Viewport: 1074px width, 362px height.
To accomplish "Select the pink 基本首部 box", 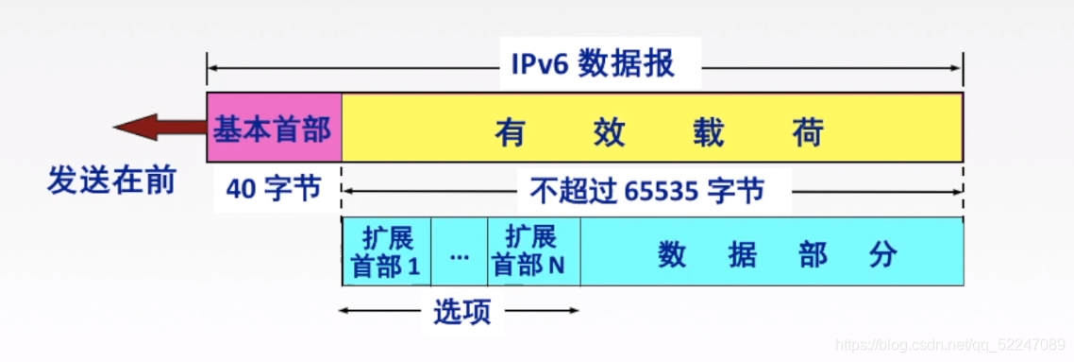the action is (274, 128).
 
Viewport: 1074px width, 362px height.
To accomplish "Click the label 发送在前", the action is (111, 180).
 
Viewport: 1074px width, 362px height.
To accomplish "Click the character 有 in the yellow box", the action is (510, 132).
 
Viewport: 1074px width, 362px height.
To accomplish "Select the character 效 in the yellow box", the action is (609, 132).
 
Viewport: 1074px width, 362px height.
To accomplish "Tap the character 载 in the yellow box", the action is (708, 132).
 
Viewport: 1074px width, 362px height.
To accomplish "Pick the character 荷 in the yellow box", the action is (808, 132).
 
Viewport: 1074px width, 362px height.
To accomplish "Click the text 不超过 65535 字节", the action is (646, 192).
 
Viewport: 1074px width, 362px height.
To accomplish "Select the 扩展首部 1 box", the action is (386, 251).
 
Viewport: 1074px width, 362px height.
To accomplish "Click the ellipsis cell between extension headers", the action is (460, 253).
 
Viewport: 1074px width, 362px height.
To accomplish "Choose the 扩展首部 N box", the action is (532, 251).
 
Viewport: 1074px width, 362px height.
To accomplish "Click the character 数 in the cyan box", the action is (671, 254).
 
